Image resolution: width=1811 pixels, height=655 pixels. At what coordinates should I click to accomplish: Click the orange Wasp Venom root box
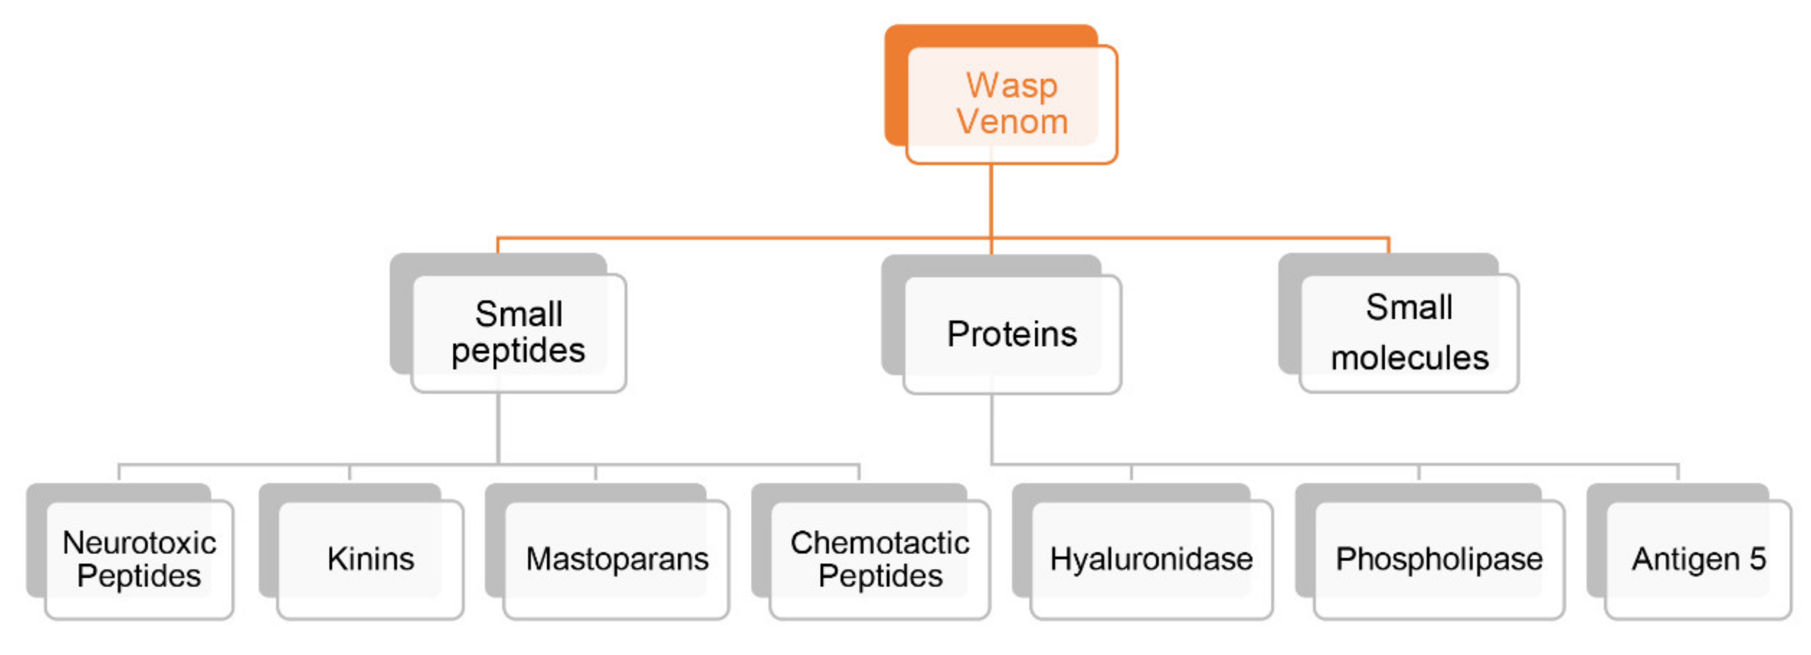(1011, 104)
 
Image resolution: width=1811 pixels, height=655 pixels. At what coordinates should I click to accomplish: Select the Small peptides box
(518, 332)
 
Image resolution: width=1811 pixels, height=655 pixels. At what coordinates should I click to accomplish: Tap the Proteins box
(1011, 334)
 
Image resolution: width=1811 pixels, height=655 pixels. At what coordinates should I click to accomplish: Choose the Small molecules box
(1409, 332)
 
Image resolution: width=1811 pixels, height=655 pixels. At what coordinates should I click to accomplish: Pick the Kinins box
(371, 560)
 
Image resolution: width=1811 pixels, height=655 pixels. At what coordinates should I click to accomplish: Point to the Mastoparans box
(616, 560)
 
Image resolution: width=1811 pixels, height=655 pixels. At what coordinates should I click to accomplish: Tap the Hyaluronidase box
(1151, 560)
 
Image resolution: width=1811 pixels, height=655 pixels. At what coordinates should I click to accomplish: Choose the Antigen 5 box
(1698, 560)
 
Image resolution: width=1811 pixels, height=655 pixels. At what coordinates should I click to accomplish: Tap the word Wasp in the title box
(1011, 86)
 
